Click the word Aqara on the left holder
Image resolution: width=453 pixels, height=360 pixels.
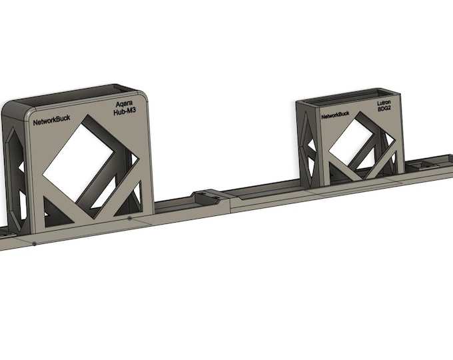(127, 105)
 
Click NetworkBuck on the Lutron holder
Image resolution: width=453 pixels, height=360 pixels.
(336, 115)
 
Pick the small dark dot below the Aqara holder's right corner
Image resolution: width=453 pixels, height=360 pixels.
(129, 217)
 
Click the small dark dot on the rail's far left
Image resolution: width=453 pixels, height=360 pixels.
(34, 243)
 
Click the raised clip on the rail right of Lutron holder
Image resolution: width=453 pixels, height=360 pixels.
(421, 163)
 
